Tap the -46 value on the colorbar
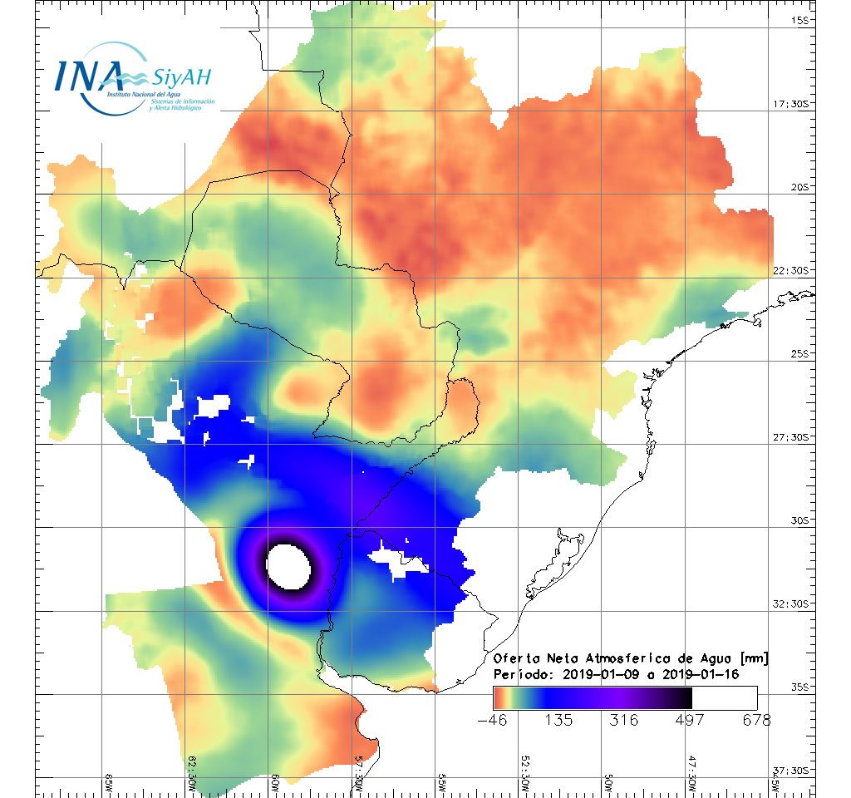coord(494,720)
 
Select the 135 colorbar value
coord(559,720)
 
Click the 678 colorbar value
coord(756,720)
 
